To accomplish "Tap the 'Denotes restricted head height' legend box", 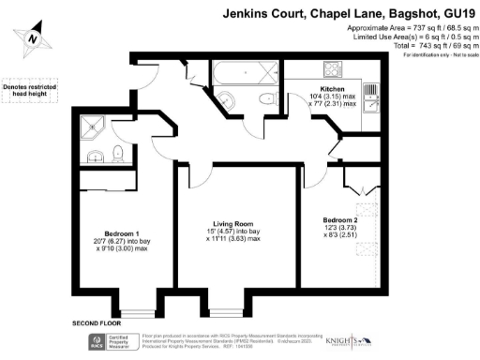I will point(28,89).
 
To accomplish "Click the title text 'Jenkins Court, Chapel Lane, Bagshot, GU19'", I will point(349,15).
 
